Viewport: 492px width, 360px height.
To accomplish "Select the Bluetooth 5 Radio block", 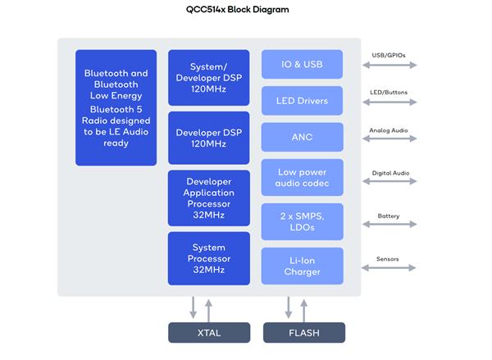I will coord(116,107).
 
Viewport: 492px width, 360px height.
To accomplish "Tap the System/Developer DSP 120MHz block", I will coord(208,77).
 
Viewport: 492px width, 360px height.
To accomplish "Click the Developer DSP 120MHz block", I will coord(208,137).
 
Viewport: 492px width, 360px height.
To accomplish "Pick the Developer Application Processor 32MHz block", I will coord(208,198).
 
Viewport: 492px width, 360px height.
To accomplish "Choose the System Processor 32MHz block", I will coord(208,257).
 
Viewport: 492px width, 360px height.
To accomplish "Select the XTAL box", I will coord(209,333).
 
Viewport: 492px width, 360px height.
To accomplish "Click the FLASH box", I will coord(304,333).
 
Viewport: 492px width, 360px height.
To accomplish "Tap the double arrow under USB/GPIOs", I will coord(389,66).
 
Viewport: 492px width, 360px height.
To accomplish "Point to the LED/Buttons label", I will coord(389,92).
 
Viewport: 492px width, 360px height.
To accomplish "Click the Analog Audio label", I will coord(389,130).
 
